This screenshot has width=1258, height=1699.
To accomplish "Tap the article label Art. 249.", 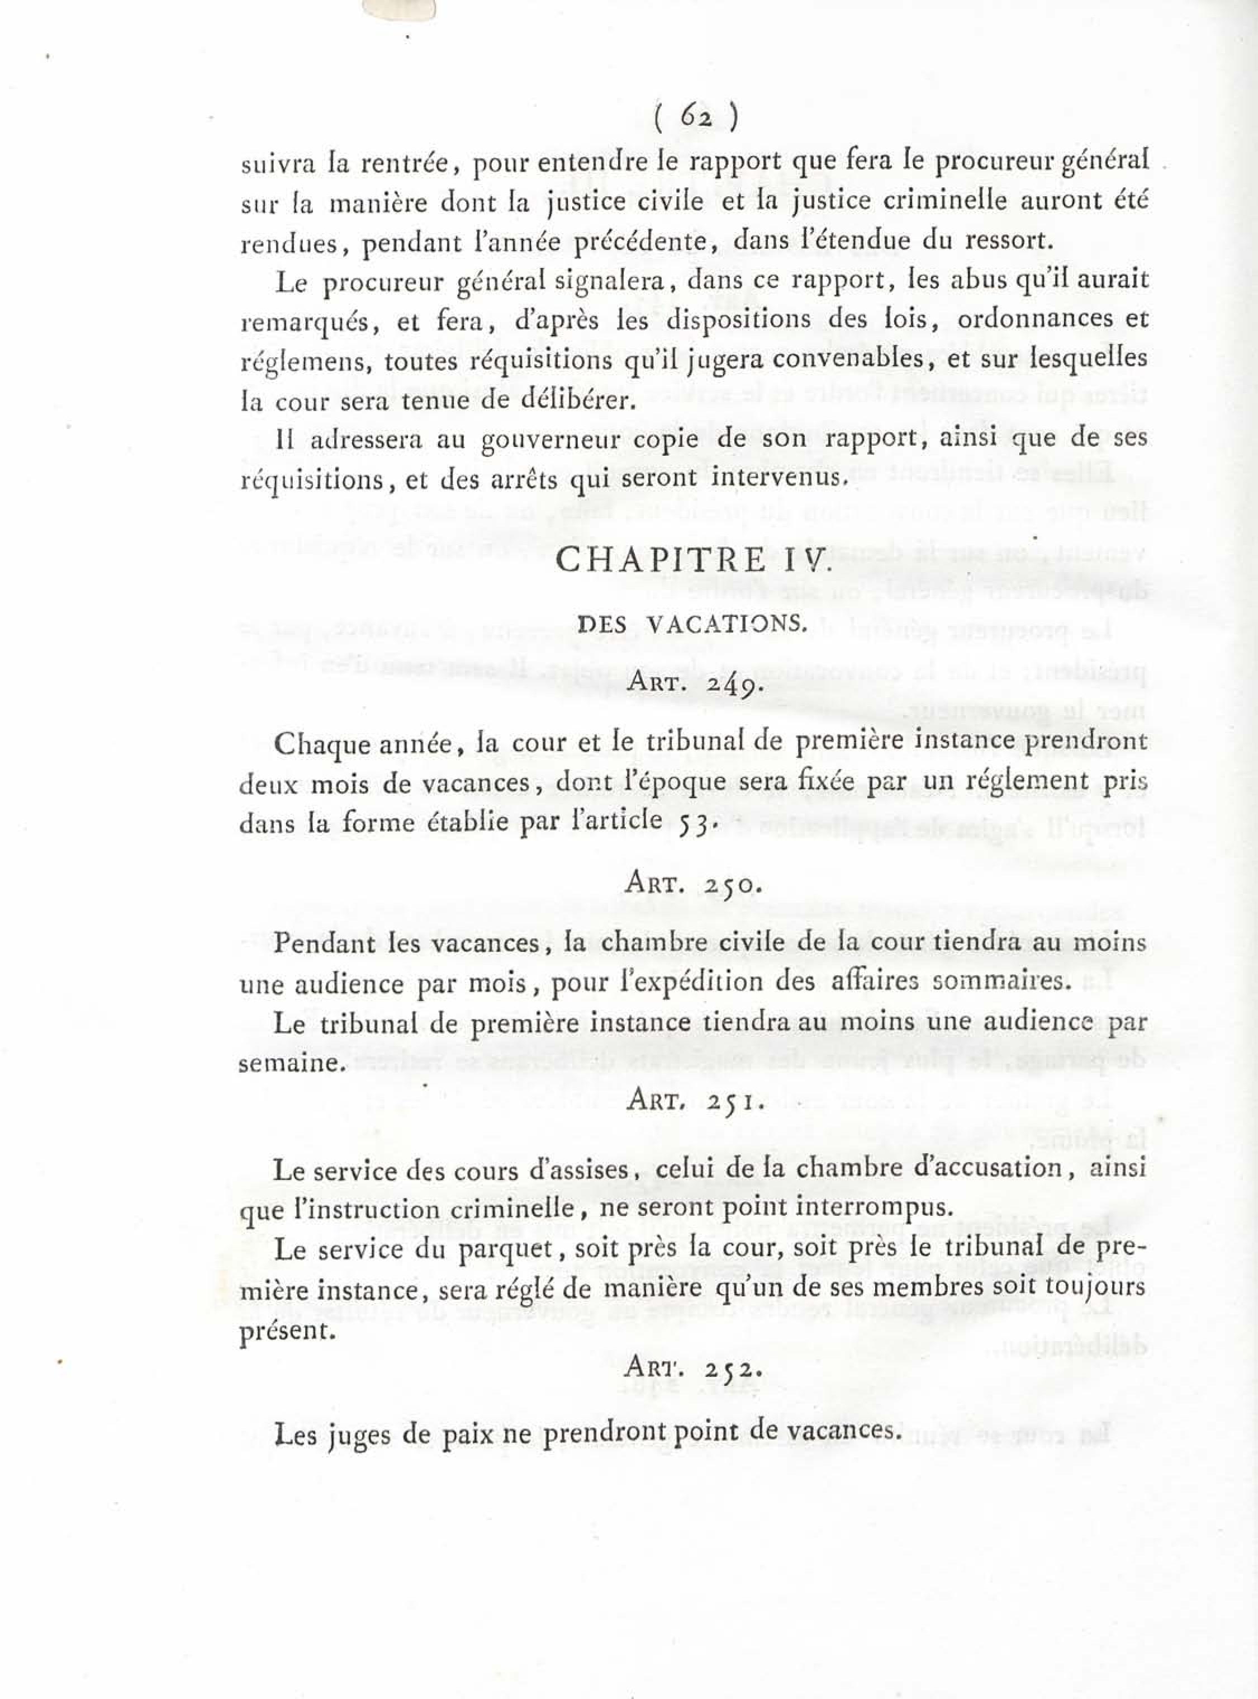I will pyautogui.click(x=691, y=683).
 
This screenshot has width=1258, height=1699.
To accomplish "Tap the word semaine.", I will pyautogui.click(x=288, y=1064).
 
